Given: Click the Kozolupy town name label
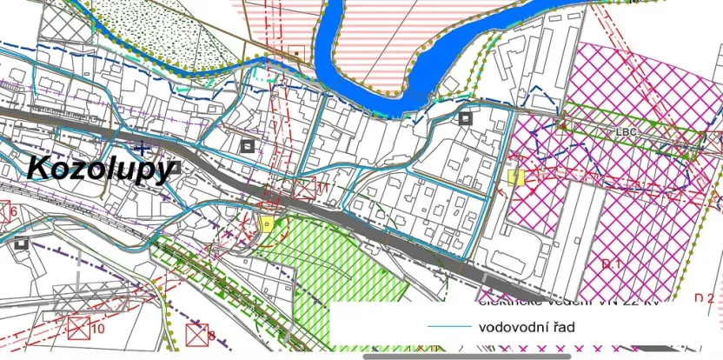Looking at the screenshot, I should pyautogui.click(x=100, y=168).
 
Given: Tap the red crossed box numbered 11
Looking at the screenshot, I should pyautogui.click(x=305, y=189).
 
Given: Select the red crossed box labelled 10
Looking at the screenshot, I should pyautogui.click(x=79, y=329).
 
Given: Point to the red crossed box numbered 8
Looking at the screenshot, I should pyautogui.click(x=199, y=334).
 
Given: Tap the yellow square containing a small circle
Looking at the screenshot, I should pyautogui.click(x=267, y=223).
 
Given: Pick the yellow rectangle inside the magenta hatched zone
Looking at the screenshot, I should pyautogui.click(x=516, y=177).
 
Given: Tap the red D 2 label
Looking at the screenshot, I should pyautogui.click(x=704, y=298).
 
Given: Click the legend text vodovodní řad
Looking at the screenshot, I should pyautogui.click(x=527, y=327).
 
